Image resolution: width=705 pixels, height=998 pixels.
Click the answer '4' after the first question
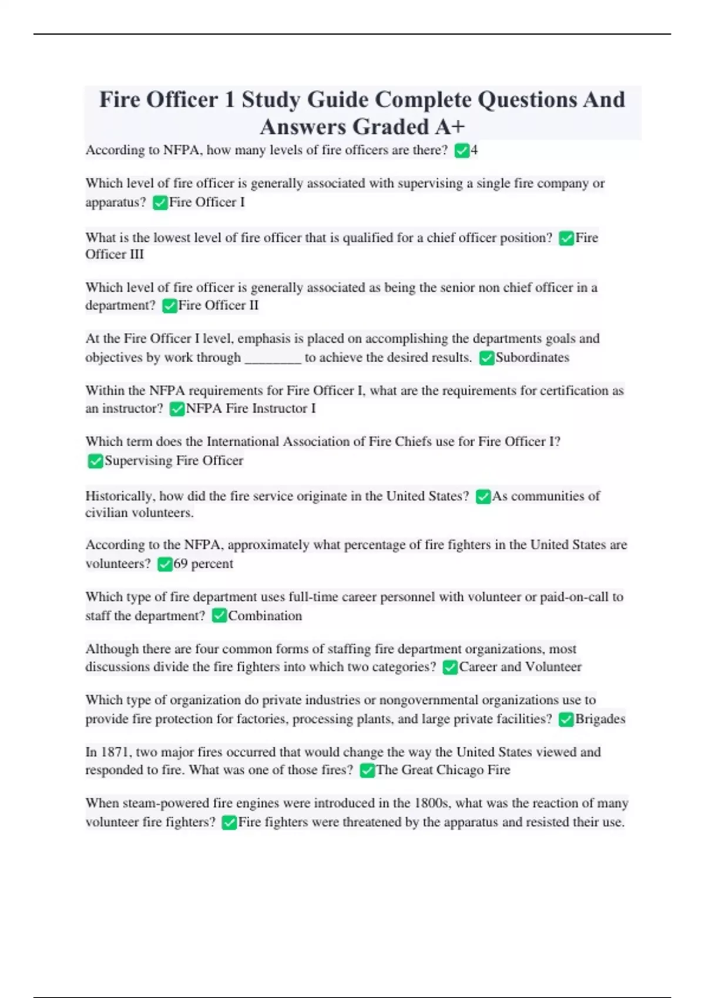(x=474, y=150)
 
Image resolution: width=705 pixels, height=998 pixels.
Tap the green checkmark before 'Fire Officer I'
(x=160, y=203)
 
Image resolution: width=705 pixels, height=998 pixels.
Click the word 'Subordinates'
(x=532, y=358)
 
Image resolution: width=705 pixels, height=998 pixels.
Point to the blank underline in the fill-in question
(x=273, y=359)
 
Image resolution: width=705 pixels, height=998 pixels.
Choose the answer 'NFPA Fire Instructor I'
(x=251, y=409)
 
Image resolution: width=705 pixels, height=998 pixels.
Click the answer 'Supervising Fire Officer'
(x=174, y=461)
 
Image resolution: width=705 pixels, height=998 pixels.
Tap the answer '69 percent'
(x=203, y=564)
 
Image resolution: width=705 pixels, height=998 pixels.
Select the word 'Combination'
(x=265, y=616)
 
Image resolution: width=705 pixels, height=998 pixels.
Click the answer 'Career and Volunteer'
(x=520, y=667)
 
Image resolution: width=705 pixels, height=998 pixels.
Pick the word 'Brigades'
(x=600, y=719)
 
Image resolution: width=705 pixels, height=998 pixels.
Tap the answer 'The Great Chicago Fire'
(x=443, y=770)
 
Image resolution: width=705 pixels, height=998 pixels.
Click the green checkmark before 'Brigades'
(x=566, y=720)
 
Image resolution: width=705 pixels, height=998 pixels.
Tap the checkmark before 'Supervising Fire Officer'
(x=95, y=461)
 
